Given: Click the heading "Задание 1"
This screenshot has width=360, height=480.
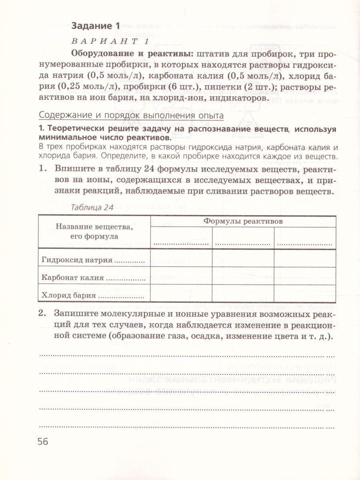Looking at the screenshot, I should pos(95,26).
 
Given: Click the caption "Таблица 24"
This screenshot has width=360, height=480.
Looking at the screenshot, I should pos(92,207).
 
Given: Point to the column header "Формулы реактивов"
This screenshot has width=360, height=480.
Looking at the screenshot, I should pos(243,221).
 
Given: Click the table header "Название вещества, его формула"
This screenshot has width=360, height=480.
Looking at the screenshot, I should pos(94,232).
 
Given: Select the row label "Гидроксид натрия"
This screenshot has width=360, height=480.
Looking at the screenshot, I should pos(77,260).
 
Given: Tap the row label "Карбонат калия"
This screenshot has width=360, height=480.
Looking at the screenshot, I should pos(72,278).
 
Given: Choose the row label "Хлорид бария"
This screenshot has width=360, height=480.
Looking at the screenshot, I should pos(68,296).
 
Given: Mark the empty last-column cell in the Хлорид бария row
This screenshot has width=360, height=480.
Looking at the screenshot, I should pos(304,293).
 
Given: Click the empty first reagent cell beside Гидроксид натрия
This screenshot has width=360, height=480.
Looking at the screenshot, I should pos(181,258).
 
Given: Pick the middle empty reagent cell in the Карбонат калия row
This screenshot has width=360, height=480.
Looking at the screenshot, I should pos(243,275).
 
